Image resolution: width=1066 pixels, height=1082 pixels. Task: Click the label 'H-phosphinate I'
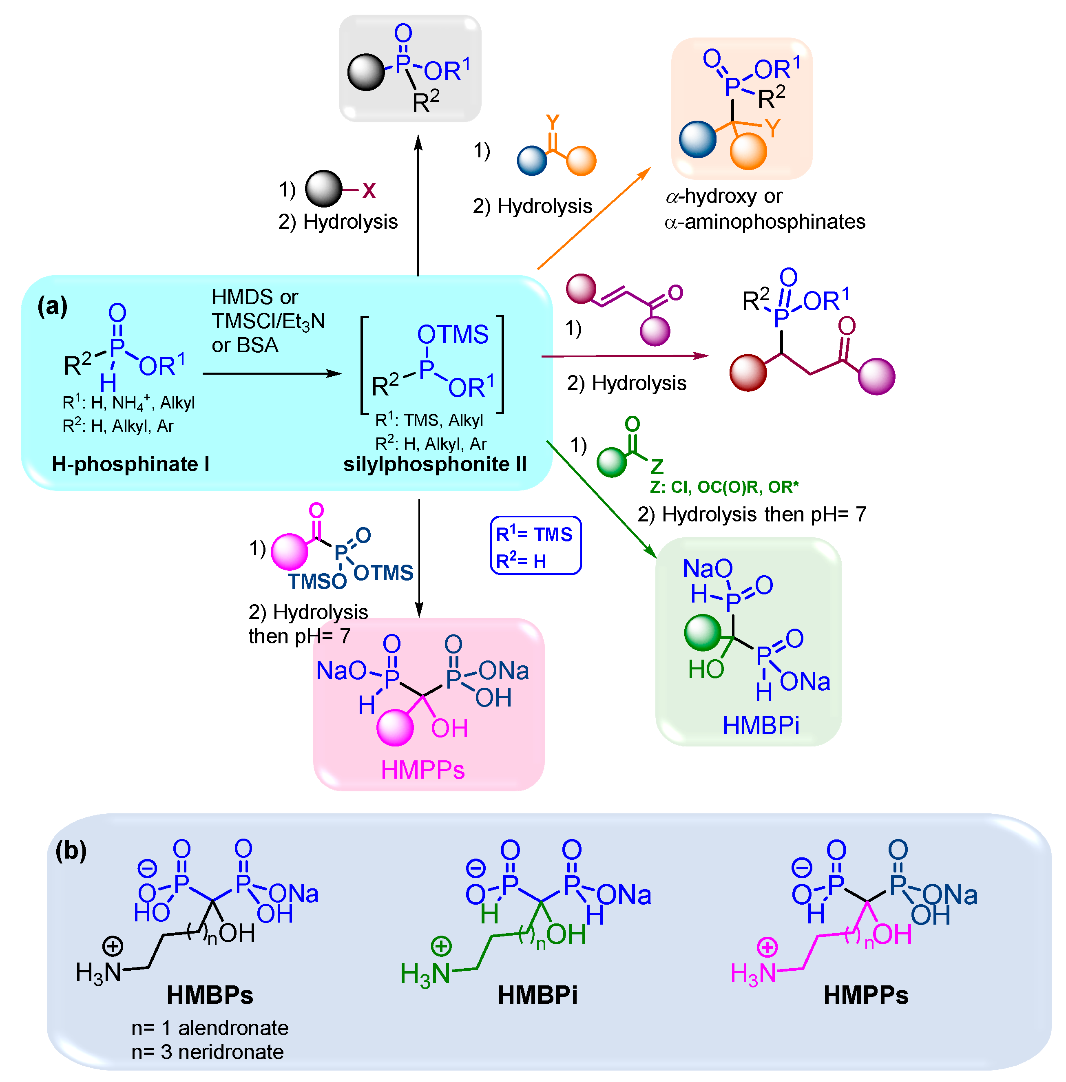130,464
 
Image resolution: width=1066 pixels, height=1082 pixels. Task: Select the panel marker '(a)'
52,306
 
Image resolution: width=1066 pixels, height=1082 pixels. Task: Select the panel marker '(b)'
71,850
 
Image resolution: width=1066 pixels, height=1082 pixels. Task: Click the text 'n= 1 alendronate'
210,1028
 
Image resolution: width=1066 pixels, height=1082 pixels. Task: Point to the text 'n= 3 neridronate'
207,1052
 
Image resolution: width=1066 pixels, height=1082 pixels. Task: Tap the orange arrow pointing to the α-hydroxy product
593,218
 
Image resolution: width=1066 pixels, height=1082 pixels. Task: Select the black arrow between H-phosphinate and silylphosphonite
272,373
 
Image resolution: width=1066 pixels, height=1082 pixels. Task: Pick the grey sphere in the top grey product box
366,72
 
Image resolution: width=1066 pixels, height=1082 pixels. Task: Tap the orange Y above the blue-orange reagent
553,122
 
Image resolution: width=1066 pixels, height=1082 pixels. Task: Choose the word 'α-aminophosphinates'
765,222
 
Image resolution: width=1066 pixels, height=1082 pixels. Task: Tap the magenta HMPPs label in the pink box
423,770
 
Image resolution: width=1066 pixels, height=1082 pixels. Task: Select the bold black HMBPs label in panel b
210,995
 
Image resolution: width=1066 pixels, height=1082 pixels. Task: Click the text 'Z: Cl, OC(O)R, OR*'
724,487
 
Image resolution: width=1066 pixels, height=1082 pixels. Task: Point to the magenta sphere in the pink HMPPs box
395,728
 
